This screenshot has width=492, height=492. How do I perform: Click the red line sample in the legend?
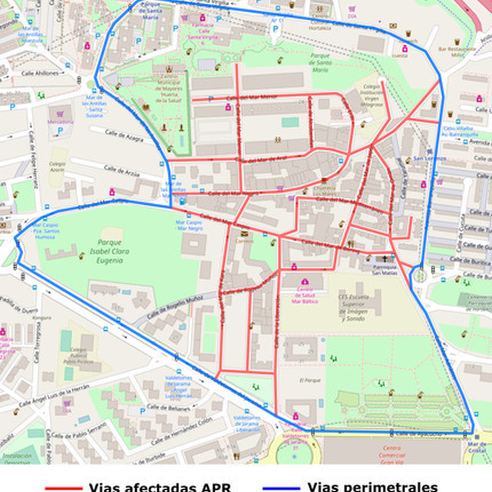[x=63, y=487]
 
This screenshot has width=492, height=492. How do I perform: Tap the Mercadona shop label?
[x=61, y=122]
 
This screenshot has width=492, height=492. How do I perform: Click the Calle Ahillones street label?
[x=40, y=73]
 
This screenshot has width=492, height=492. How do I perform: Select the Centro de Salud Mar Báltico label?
[x=305, y=293]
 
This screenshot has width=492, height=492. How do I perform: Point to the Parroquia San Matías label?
[x=385, y=269]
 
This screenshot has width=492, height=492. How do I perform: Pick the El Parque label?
[x=308, y=380]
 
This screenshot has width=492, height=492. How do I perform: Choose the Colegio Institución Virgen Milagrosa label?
[x=373, y=96]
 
